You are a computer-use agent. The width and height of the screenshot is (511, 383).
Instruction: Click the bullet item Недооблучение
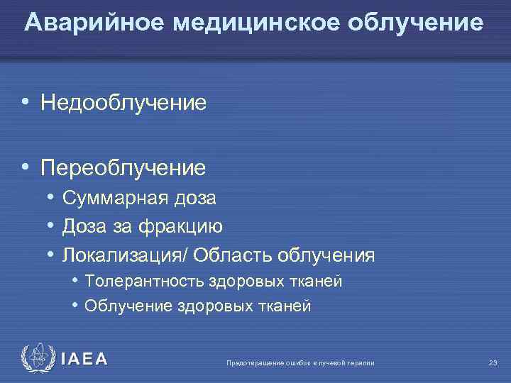(x=123, y=104)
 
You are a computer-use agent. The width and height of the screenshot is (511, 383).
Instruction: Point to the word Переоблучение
(x=123, y=168)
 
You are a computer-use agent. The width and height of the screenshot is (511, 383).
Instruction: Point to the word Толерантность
(x=143, y=282)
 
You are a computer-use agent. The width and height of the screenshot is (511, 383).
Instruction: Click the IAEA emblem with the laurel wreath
(x=35, y=358)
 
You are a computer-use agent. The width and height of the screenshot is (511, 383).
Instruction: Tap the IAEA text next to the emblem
(x=84, y=359)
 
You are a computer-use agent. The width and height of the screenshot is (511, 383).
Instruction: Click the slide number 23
(x=493, y=363)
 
